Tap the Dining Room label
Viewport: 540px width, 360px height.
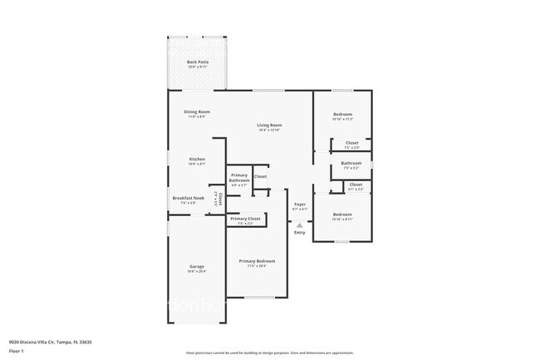click(196, 112)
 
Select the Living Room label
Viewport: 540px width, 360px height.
click(269, 126)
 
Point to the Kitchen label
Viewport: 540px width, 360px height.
click(196, 159)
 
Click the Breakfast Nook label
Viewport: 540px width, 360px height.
click(188, 198)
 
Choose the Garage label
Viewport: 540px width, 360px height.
click(196, 267)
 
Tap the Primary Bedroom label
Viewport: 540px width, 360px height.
click(257, 261)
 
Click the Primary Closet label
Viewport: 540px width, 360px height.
click(244, 219)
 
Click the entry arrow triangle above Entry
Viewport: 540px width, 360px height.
click(299, 224)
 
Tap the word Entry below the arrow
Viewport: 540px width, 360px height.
click(299, 232)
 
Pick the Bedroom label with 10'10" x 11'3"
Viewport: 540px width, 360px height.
click(342, 115)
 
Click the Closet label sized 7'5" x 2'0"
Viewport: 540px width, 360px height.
click(351, 143)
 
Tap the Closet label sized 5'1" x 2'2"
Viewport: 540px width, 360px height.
click(355, 185)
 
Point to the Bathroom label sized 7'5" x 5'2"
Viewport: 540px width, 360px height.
click(351, 164)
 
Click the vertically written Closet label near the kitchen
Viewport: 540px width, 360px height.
click(219, 198)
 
